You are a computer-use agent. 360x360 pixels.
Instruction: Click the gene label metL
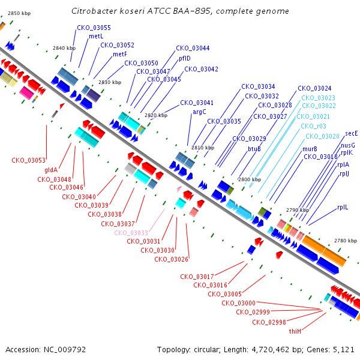coord(96,36)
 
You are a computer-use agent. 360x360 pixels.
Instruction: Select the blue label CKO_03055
coord(94,28)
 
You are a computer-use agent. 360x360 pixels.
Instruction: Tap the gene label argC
coord(199,112)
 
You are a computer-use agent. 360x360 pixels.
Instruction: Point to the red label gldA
coord(51,170)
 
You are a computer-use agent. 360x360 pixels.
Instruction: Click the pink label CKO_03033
coord(131,233)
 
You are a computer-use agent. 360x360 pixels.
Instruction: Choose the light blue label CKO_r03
coord(313,126)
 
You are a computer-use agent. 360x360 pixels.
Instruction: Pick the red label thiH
coord(295,331)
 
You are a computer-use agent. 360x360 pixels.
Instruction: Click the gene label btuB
coord(254,149)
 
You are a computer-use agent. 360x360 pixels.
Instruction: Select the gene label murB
coord(310,149)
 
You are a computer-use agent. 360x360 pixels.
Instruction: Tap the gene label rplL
coord(343,208)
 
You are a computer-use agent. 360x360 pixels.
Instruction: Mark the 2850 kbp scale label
coord(19,13)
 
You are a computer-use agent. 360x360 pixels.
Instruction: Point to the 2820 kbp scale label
coord(156,115)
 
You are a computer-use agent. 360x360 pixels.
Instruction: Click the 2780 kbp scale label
coord(346,241)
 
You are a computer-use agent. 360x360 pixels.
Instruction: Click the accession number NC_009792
coord(65,350)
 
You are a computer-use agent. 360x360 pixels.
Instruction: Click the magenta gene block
coord(26,93)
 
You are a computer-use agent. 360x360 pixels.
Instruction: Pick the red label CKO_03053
coord(28,160)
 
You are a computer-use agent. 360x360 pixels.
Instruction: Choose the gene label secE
coord(351,133)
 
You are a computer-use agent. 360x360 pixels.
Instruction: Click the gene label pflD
coord(185,59)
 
